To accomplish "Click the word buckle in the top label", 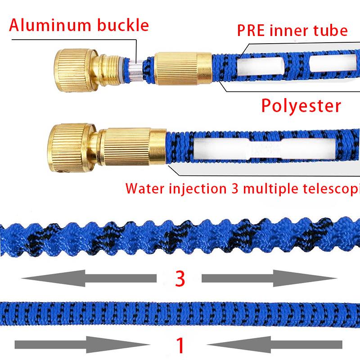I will click(121, 25).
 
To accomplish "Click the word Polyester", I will click(301, 106).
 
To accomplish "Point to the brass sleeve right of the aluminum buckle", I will click(180, 67).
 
